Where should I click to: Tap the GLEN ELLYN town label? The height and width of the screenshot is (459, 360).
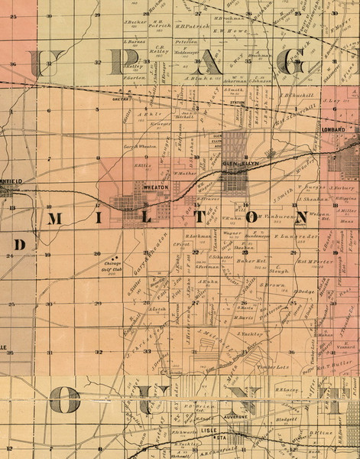pyautogui.click(x=235, y=162)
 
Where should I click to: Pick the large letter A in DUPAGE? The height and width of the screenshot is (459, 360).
pyautogui.click(x=207, y=63)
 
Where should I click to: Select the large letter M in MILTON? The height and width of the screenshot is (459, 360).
pyautogui.click(x=55, y=220)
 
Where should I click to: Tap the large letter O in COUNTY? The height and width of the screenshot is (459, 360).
pyautogui.click(x=65, y=399)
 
